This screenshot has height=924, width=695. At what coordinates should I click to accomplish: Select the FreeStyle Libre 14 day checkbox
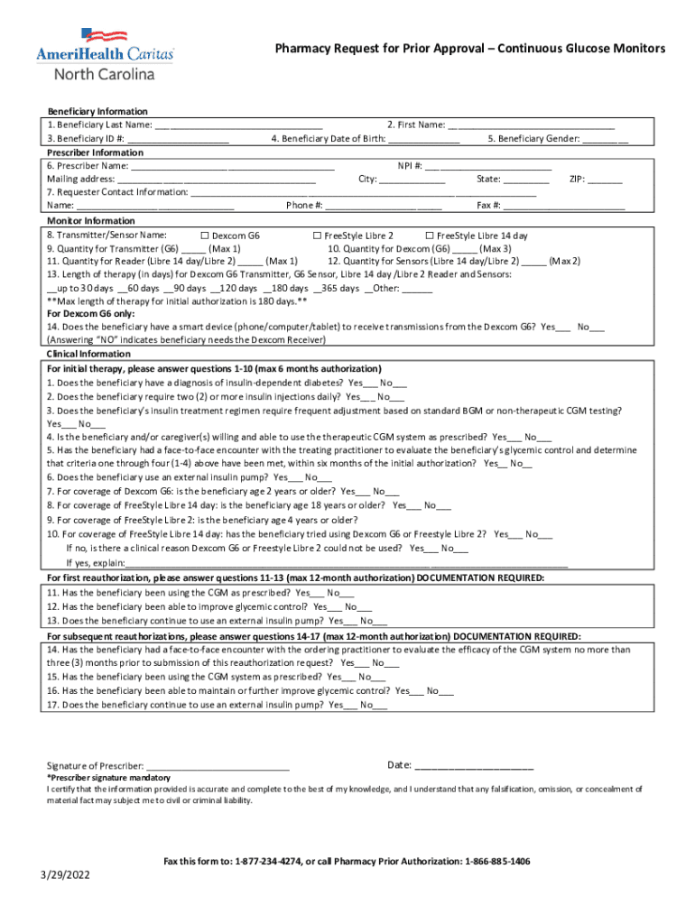[430, 236]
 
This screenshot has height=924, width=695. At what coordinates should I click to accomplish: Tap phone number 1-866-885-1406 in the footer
[497, 862]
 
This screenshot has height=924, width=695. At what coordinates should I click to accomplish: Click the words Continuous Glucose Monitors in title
[571, 48]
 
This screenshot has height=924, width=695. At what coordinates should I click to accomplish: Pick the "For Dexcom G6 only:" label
[90, 313]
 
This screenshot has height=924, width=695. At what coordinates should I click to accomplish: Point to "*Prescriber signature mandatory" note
[108, 778]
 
